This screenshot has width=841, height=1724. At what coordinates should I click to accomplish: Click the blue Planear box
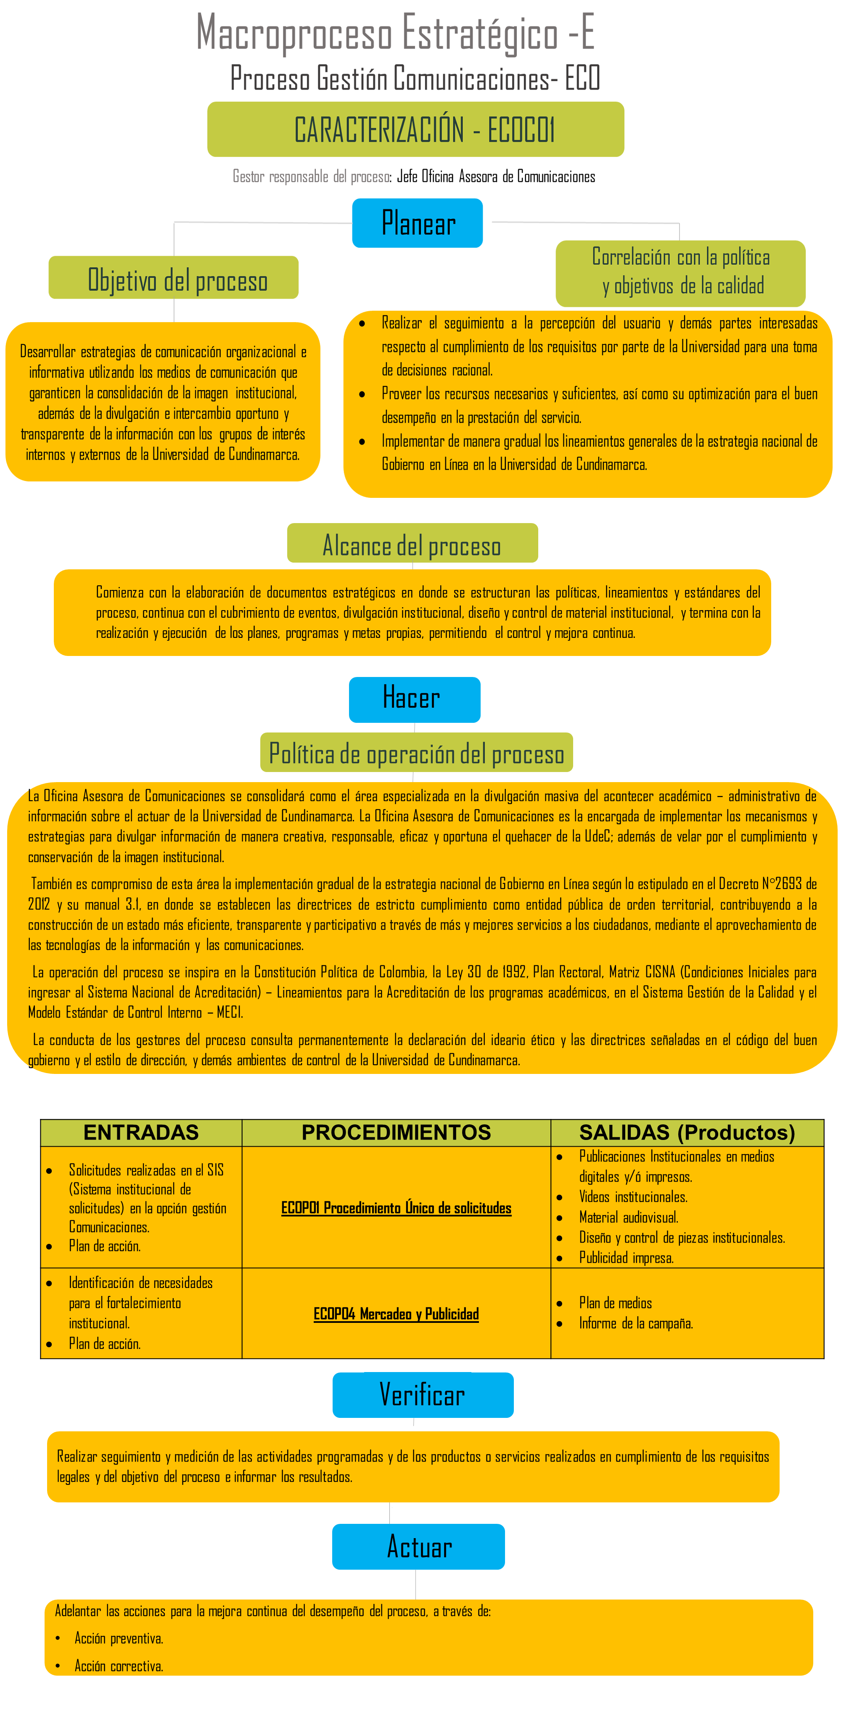(x=418, y=223)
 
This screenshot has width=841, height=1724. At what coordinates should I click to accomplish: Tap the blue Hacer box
(x=414, y=699)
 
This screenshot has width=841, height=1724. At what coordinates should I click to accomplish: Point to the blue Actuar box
(x=418, y=1546)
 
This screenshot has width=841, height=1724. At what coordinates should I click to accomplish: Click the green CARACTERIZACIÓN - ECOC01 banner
(x=415, y=129)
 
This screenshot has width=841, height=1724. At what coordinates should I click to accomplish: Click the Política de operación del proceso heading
(x=416, y=753)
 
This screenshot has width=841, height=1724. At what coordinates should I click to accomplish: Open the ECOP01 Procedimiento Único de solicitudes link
(x=396, y=1208)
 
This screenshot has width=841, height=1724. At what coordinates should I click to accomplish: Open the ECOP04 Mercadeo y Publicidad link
(x=396, y=1314)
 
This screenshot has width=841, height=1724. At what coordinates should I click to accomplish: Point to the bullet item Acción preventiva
(x=119, y=1638)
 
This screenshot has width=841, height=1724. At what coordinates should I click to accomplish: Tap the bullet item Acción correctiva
(x=119, y=1666)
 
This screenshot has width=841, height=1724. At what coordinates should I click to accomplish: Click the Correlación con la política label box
(x=680, y=272)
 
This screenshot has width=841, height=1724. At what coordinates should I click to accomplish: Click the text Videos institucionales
(x=633, y=1197)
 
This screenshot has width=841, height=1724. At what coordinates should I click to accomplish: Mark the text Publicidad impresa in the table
(x=626, y=1258)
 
